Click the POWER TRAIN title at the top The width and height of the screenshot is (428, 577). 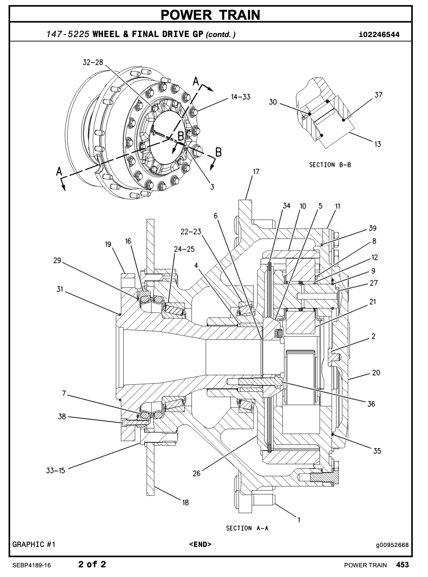coord(210,15)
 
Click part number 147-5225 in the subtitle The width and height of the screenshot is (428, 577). coord(68,34)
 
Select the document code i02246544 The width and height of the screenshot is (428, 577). coord(379,34)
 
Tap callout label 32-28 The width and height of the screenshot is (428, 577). coord(93,62)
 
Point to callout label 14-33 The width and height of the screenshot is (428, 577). coord(241,97)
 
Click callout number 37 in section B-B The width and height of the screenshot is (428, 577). coord(378,95)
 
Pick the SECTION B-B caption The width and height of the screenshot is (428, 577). coord(330,165)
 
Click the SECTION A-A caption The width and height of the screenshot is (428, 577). coord(247,528)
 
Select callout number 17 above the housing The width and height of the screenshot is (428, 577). coord(256,172)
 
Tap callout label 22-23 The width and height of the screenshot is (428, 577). coord(191,231)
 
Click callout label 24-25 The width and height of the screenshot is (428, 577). coord(184,249)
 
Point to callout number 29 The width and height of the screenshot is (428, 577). coord(57,260)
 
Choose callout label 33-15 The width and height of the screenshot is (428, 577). coord(56,470)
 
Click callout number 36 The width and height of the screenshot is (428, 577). coord(371,404)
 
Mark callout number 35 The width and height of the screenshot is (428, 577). coord(377,451)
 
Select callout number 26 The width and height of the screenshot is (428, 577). coord(197,473)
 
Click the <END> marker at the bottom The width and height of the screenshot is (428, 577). coord(200,545)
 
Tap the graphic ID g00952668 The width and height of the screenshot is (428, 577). coord(392,545)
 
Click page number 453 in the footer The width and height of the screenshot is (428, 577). coord(403,565)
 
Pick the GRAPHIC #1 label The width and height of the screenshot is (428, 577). coord(34,545)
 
